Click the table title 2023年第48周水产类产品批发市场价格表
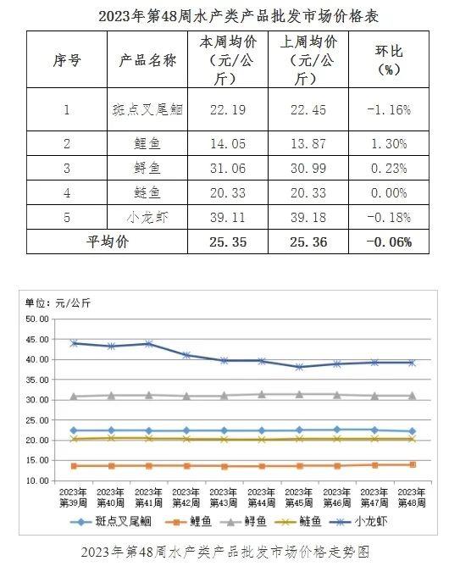[239, 16]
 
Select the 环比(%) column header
[389, 60]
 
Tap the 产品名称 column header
[147, 60]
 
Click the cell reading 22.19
[228, 110]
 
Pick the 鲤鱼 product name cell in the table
[147, 143]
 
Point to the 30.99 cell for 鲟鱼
[308, 168]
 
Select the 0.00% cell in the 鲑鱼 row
[389, 192]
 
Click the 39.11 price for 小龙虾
[228, 218]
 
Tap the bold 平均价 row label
[108, 242]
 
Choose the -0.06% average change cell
[389, 242]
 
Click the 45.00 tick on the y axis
[37, 340]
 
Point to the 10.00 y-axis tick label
[37, 480]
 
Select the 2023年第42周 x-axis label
[186, 498]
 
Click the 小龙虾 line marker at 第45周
[299, 367]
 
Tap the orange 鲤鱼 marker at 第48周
[413, 464]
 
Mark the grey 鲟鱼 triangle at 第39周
[74, 397]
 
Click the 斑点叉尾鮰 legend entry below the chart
[111, 522]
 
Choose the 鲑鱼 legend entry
[297, 522]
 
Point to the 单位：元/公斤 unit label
[58, 303]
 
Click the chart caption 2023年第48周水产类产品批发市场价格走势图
[225, 553]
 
